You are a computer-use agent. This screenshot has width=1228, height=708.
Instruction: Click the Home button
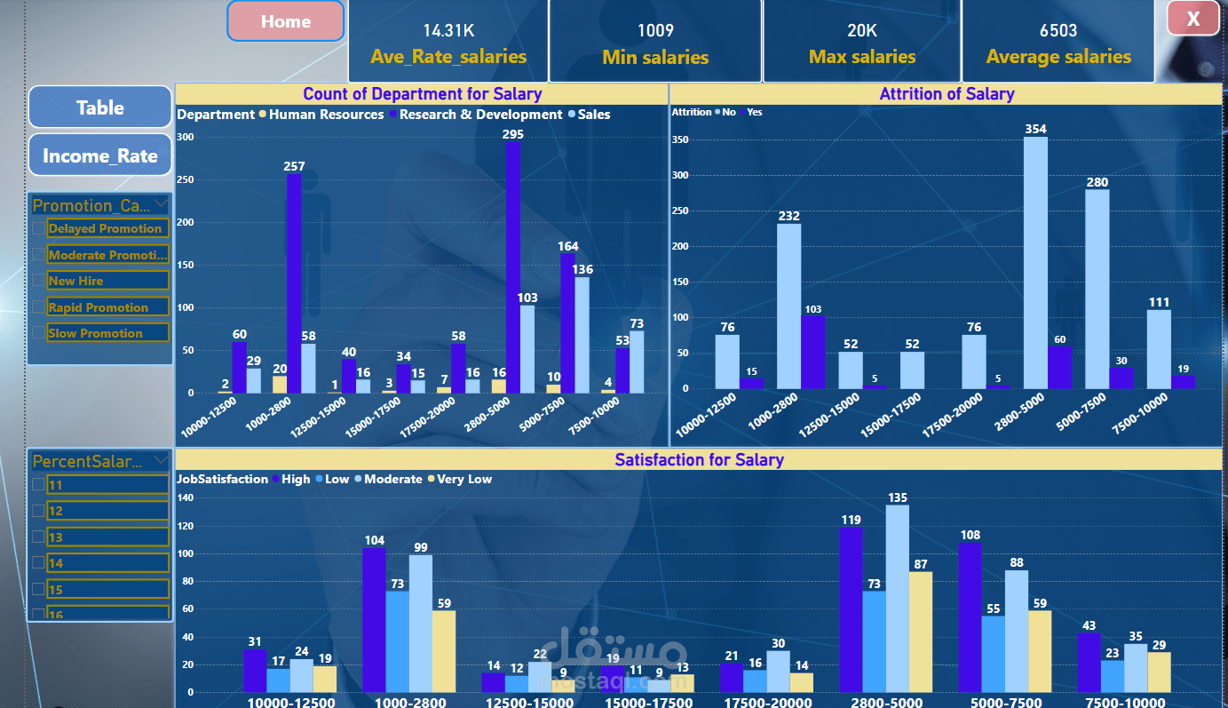pyautogui.click(x=285, y=21)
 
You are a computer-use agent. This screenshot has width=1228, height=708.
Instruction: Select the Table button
pyautogui.click(x=100, y=107)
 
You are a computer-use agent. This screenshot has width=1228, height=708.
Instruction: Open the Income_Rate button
pyautogui.click(x=100, y=155)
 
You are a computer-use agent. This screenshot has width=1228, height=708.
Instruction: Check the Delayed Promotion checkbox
pyautogui.click(x=38, y=228)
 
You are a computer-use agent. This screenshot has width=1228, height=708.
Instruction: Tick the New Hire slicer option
pyautogui.click(x=38, y=281)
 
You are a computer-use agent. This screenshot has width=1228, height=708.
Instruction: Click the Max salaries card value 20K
pyautogui.click(x=861, y=31)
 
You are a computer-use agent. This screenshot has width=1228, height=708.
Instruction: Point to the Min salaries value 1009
pyautogui.click(x=655, y=31)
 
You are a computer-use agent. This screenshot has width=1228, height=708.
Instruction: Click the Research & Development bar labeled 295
pyautogui.click(x=512, y=266)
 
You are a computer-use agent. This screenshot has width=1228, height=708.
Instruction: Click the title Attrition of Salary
pyautogui.click(x=947, y=94)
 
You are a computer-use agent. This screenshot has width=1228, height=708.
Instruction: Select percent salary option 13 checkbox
pyautogui.click(x=38, y=537)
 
